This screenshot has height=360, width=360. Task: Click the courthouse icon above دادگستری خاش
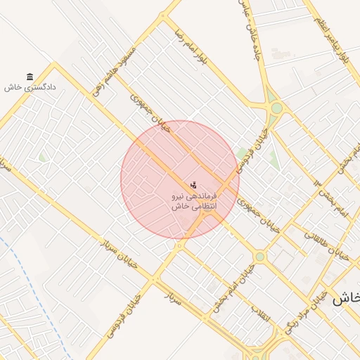30,77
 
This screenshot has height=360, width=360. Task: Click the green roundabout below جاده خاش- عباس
277,108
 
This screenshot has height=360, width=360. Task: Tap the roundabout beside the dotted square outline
260,257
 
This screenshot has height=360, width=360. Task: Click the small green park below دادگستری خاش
43,157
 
